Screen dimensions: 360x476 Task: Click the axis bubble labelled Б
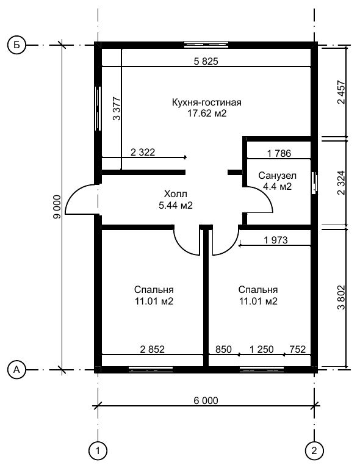(x=16, y=46)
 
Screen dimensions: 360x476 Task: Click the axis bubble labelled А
(x=16, y=370)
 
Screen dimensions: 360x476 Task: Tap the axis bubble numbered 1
(x=98, y=450)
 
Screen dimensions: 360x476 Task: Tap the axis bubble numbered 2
(x=314, y=450)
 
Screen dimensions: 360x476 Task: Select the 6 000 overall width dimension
(x=206, y=401)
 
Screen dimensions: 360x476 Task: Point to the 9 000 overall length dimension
(x=57, y=206)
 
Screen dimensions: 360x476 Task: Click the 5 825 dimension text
(x=206, y=61)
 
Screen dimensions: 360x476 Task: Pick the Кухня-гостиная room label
(x=207, y=103)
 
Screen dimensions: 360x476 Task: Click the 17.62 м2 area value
(x=207, y=114)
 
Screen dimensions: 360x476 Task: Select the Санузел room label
(x=278, y=176)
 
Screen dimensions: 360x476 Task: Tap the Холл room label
(x=176, y=193)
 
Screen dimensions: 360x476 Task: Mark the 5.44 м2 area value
(x=176, y=206)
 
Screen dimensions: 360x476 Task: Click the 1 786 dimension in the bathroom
(x=279, y=153)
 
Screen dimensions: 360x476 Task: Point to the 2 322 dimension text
(x=143, y=152)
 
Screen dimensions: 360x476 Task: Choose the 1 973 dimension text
(x=276, y=240)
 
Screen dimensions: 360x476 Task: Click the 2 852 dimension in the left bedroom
(x=153, y=349)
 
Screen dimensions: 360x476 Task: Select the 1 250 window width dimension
(x=261, y=349)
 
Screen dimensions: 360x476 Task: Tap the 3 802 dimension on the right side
(x=341, y=297)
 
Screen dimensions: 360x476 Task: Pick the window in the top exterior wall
(x=206, y=45)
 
